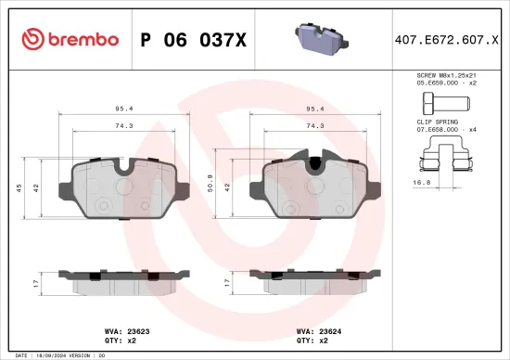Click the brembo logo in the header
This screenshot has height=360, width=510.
click(70, 39)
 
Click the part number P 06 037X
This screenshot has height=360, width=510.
click(192, 39)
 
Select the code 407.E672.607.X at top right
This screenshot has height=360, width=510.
click(445, 39)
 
